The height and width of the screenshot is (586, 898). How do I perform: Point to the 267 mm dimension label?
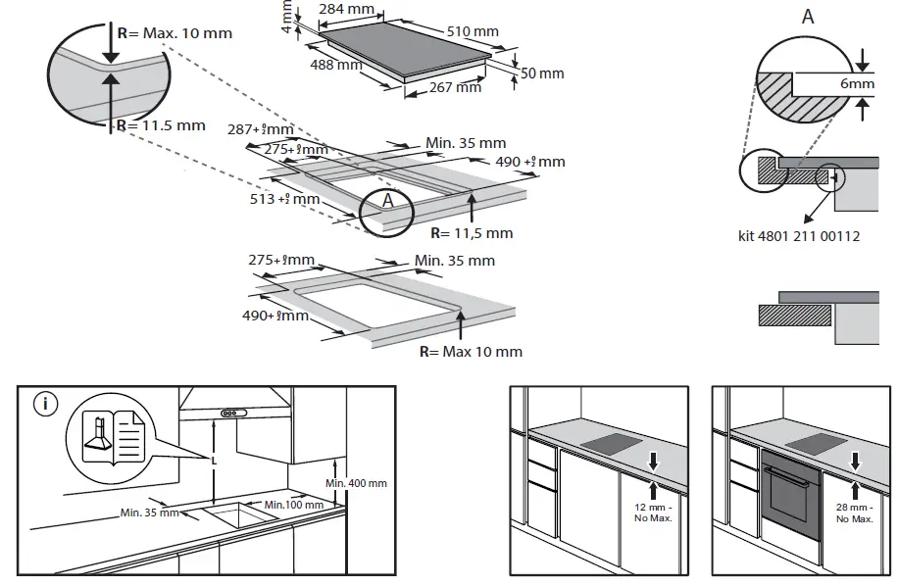click(456, 87)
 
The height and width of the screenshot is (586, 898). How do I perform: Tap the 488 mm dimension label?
click(335, 66)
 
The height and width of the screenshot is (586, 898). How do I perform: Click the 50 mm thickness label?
click(542, 73)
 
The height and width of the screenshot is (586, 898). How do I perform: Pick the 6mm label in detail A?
click(856, 84)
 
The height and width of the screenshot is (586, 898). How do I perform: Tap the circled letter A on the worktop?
click(387, 200)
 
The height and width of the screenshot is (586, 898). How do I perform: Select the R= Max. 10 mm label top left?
click(175, 33)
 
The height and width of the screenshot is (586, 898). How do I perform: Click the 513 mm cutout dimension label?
click(284, 199)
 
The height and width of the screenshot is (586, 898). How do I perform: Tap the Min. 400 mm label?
click(356, 483)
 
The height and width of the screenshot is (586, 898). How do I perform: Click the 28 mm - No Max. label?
click(854, 513)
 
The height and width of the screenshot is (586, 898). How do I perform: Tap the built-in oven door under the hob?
click(791, 502)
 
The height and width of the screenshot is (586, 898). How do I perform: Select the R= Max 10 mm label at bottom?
click(471, 351)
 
